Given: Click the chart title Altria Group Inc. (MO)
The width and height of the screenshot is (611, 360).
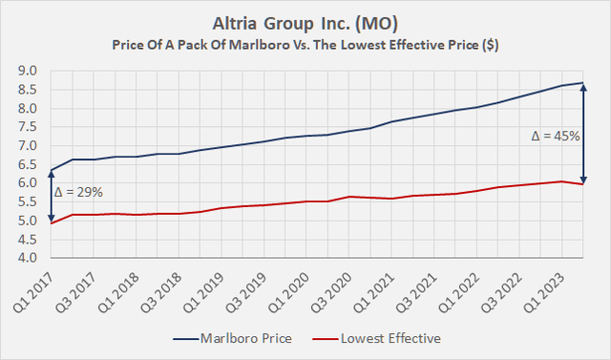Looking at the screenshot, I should click(305, 21).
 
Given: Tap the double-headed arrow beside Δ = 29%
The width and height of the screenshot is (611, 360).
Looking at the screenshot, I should click(51, 197).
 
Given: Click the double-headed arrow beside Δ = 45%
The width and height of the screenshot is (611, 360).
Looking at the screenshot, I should click(583, 133).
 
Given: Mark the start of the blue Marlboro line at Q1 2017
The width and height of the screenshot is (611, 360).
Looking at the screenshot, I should click(51, 171).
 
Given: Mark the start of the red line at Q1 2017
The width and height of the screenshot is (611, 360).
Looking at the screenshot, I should click(51, 223).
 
